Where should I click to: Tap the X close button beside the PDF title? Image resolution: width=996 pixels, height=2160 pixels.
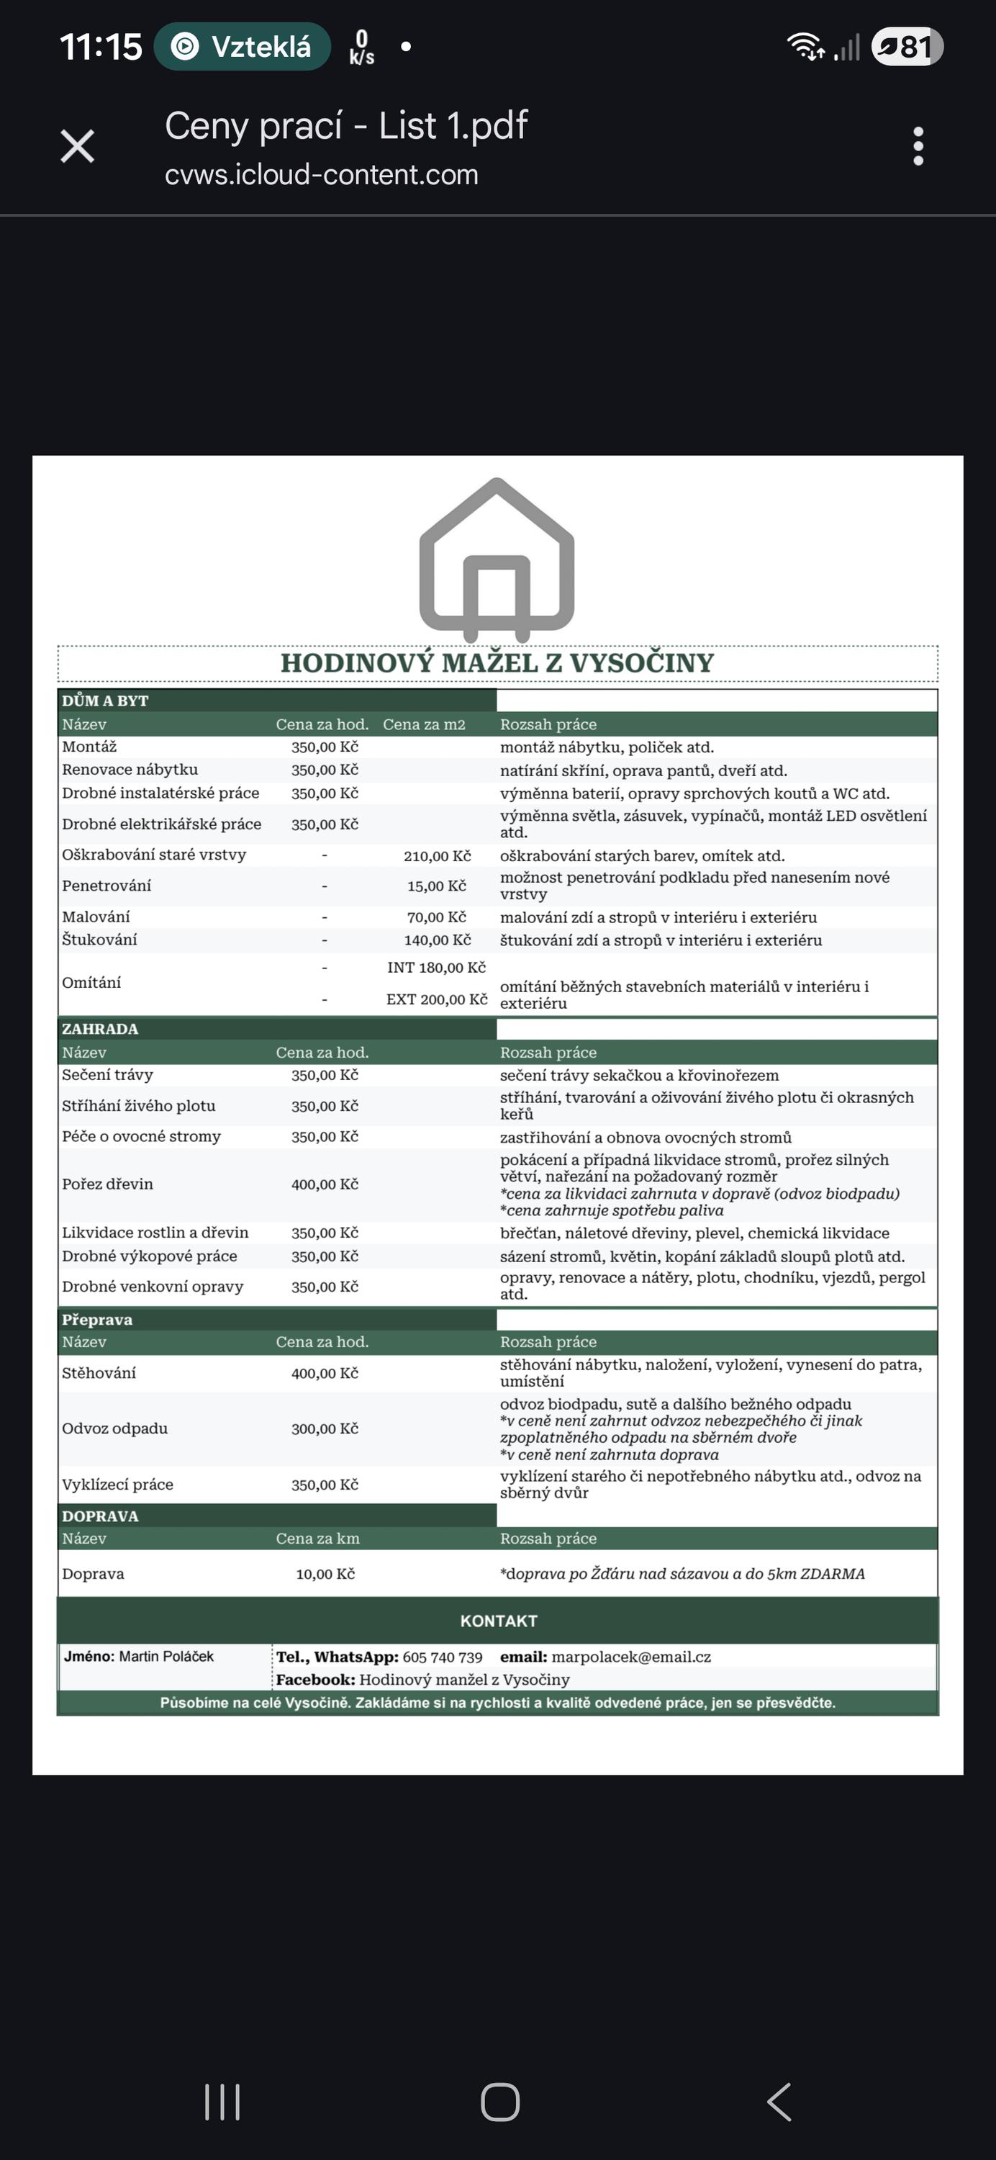[x=77, y=147]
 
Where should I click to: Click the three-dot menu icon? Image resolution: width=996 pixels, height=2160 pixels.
[x=918, y=147]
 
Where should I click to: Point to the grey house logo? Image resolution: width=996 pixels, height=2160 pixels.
[x=497, y=555]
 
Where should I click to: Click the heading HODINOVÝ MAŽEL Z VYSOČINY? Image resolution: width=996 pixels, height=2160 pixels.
[x=497, y=663]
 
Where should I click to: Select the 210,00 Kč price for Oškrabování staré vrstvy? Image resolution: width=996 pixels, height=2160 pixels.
[x=437, y=856]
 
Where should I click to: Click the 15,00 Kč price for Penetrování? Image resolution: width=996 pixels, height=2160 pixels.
[x=437, y=886]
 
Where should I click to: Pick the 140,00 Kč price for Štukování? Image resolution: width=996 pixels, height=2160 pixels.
[x=437, y=941]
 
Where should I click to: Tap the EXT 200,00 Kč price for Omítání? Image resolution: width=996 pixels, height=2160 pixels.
[x=437, y=999]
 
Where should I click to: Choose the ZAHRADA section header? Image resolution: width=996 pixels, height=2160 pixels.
[x=100, y=1029]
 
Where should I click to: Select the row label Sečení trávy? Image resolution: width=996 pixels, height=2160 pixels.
[x=107, y=1075]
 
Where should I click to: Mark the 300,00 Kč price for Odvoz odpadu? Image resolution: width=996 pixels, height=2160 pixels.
[x=325, y=1428]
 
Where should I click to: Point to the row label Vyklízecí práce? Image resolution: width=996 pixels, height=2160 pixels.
[x=117, y=1485]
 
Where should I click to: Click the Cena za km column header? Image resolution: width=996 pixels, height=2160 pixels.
[x=318, y=1539]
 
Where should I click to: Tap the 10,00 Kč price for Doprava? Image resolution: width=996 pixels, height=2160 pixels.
[x=325, y=1575]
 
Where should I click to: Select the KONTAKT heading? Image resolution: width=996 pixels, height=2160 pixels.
[x=498, y=1621]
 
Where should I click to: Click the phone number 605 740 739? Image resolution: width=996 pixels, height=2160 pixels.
[x=443, y=1657]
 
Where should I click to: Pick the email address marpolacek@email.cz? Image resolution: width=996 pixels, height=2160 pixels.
[x=630, y=1657]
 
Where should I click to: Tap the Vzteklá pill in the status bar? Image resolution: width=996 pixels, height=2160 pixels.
[x=243, y=47]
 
